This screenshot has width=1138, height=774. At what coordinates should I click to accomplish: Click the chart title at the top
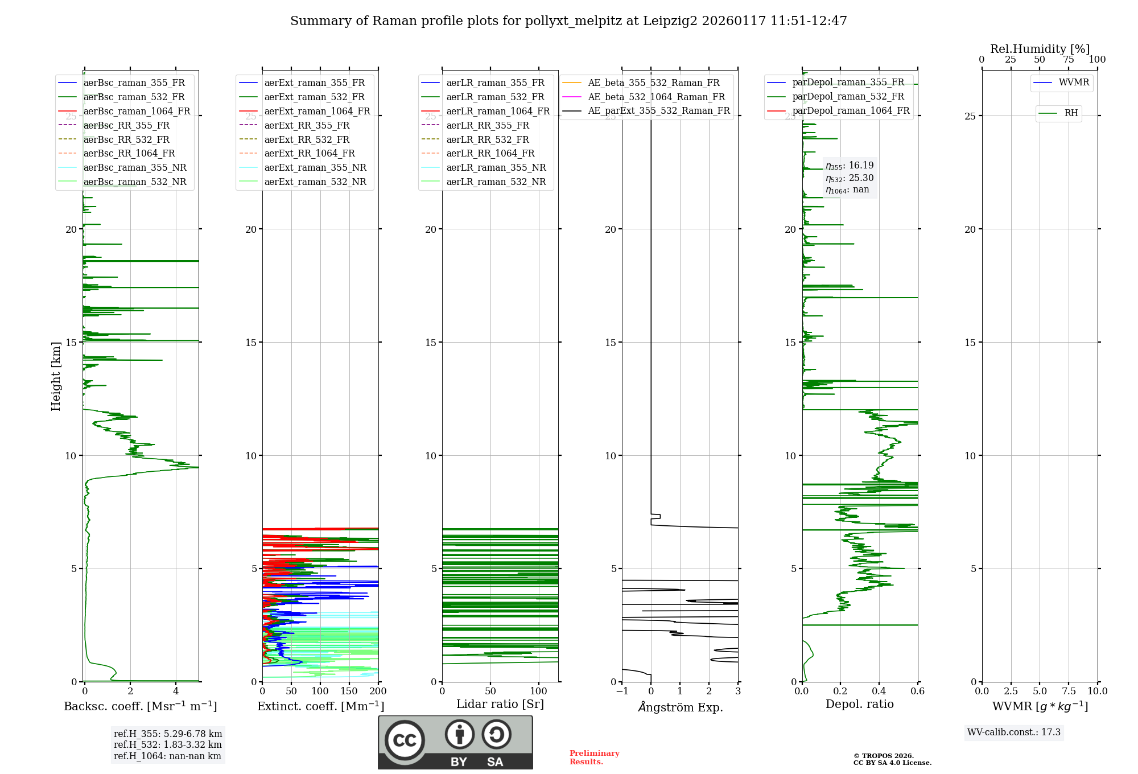[x=568, y=21]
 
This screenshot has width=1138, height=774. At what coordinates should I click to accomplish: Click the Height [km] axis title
[x=56, y=376]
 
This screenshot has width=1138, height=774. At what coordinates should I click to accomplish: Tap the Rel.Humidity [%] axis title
[x=1040, y=49]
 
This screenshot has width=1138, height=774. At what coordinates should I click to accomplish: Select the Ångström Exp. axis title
[x=680, y=707]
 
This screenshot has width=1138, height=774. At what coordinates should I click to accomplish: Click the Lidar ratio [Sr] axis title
[x=500, y=704]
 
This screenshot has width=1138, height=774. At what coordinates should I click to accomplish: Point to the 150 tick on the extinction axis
[x=349, y=691]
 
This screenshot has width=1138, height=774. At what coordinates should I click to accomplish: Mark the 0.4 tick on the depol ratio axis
[x=879, y=691]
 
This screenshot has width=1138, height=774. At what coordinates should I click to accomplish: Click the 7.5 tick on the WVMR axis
[x=1069, y=691]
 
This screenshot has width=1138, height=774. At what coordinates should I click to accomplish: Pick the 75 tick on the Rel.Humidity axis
[x=1069, y=59]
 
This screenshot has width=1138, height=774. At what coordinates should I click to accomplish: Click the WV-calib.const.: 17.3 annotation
[x=1014, y=732]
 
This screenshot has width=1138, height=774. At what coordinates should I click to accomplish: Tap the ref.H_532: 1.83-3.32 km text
[x=167, y=744]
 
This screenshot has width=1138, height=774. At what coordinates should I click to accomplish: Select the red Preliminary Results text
[x=594, y=757]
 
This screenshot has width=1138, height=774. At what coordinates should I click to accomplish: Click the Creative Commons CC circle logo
[x=405, y=740]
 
